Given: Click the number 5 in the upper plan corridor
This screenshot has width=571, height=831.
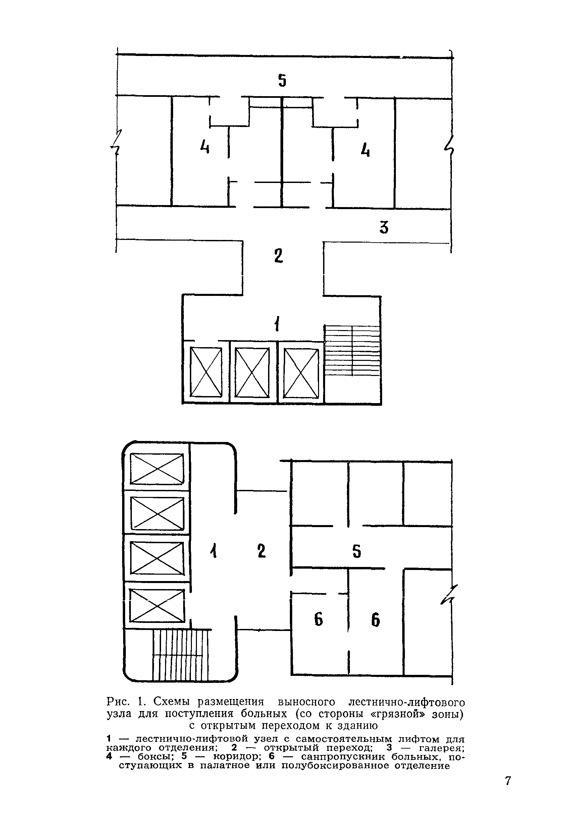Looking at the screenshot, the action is [282, 80].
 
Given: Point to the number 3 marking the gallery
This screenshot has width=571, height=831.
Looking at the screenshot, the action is [384, 227].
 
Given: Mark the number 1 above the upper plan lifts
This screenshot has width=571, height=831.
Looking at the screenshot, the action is [277, 325].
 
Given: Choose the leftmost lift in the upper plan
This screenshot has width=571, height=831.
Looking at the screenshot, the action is [206, 372].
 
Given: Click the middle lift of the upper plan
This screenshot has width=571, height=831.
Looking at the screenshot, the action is [252, 372].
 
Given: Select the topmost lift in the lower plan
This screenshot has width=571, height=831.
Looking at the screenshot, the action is [156, 468].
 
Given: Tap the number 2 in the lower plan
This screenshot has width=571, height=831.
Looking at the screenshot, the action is [262, 551].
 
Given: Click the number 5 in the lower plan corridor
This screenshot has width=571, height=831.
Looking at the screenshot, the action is [357, 551].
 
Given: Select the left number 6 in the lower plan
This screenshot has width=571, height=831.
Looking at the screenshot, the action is [318, 619].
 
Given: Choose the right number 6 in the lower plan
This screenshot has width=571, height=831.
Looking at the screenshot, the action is [375, 619].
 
